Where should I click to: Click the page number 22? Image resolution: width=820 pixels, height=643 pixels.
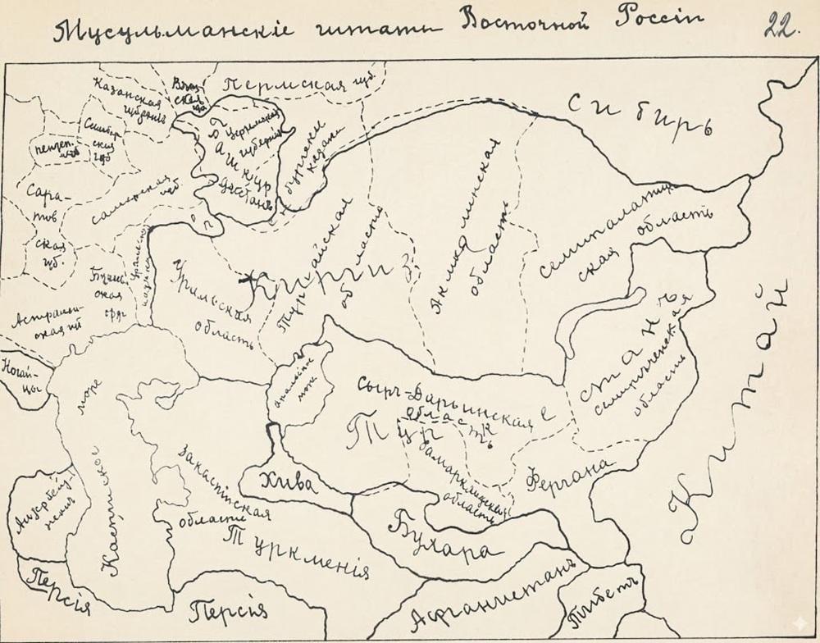pyautogui.click(x=780, y=26)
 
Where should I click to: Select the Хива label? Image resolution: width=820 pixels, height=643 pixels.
pyautogui.click(x=287, y=484)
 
